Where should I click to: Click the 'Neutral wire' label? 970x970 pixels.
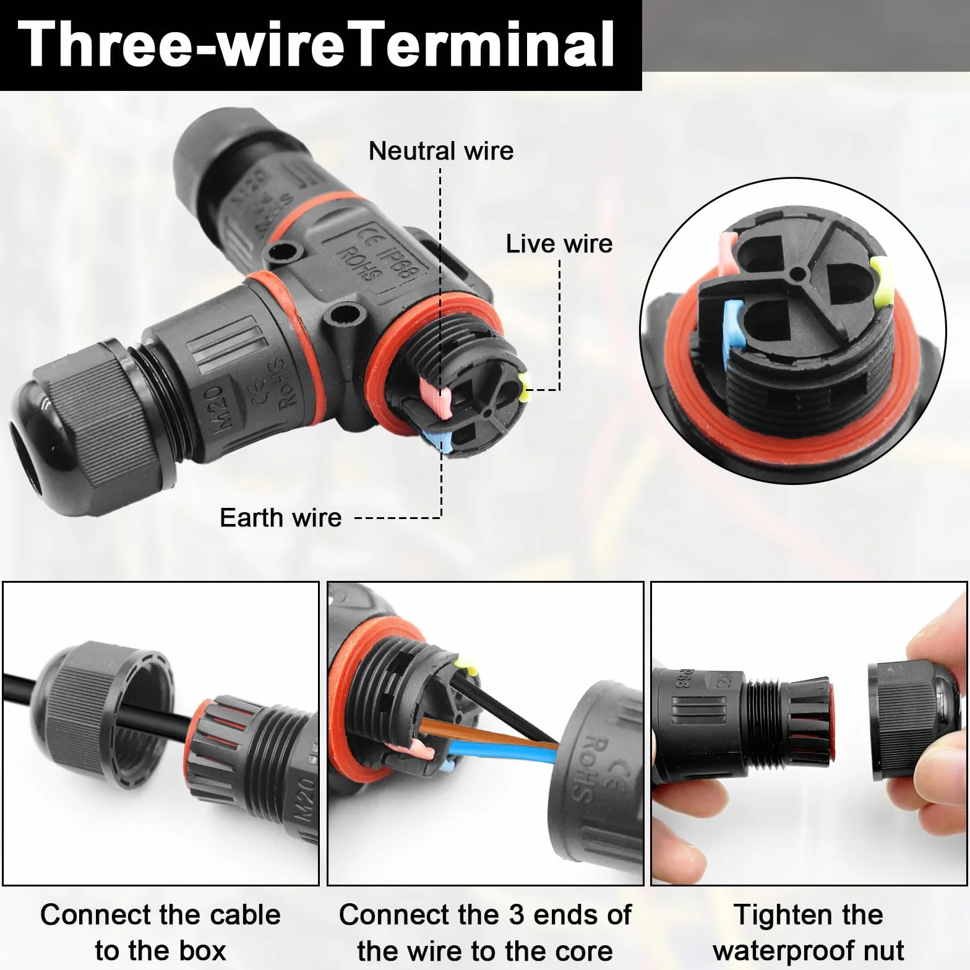pyautogui.click(x=441, y=151)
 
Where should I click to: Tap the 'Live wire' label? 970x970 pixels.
pyautogui.click(x=559, y=244)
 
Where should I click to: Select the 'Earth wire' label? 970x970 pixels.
pyautogui.click(x=281, y=518)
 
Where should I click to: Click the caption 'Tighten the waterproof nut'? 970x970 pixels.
pyautogui.click(x=809, y=932)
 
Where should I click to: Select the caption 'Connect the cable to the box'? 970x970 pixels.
pyautogui.click(x=160, y=932)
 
